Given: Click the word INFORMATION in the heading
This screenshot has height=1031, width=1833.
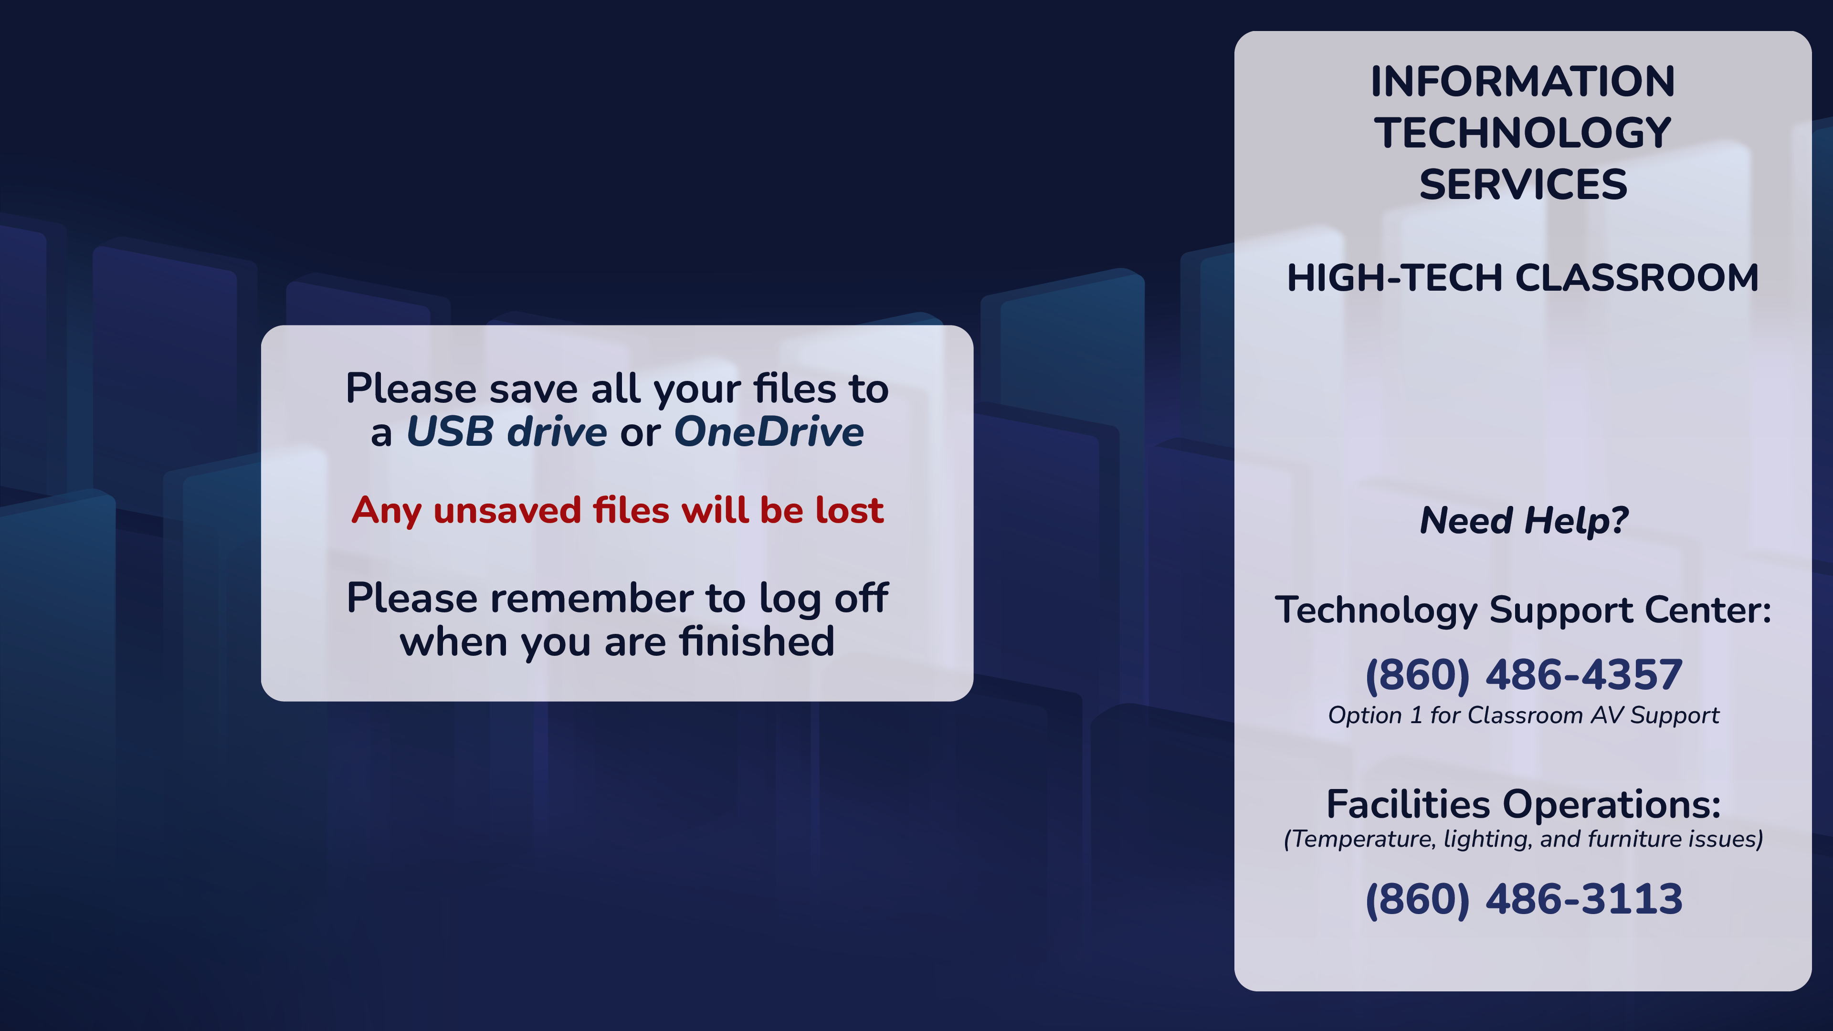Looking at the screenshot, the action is [x=1523, y=81].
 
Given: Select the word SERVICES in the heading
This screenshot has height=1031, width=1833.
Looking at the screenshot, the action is [x=1523, y=184].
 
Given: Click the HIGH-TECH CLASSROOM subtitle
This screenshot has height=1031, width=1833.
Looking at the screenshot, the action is [x=1523, y=277].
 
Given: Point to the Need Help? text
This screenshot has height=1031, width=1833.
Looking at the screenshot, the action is [x=1524, y=520].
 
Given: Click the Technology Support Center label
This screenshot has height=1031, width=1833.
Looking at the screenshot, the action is [x=1523, y=610].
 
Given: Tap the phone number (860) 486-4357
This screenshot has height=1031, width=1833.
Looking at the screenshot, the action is [x=1524, y=675].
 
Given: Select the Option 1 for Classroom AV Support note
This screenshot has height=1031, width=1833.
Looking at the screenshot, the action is [x=1524, y=715].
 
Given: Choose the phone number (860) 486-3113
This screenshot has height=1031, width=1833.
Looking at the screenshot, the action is [x=1524, y=899].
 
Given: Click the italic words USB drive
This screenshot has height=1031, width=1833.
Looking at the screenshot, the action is [x=506, y=432].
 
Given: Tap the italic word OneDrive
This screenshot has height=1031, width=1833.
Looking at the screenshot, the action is [x=769, y=432].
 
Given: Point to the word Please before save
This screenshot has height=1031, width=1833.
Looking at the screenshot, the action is [x=411, y=389].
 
